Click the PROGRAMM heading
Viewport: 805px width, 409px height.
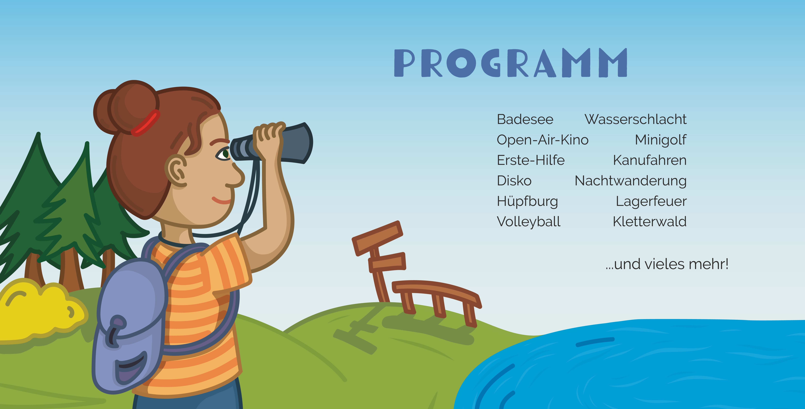511,63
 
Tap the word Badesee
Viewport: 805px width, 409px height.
525,119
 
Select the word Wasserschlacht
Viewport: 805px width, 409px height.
635,119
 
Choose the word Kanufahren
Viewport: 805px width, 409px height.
650,160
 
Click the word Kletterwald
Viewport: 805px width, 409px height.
650,222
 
